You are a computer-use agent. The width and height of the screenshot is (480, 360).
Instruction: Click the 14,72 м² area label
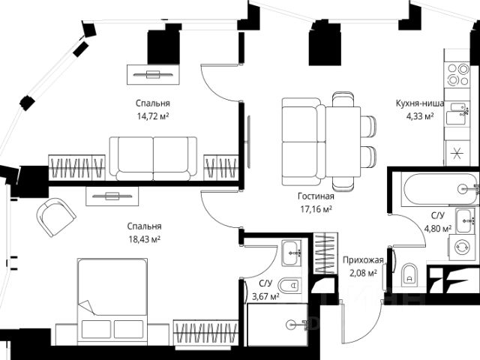152,117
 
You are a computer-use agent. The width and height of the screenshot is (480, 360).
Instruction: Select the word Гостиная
313,196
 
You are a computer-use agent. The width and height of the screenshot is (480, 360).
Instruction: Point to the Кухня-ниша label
421,104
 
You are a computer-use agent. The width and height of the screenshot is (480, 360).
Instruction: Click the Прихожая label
364,260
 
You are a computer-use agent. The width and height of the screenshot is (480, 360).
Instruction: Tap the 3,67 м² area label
265,296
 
